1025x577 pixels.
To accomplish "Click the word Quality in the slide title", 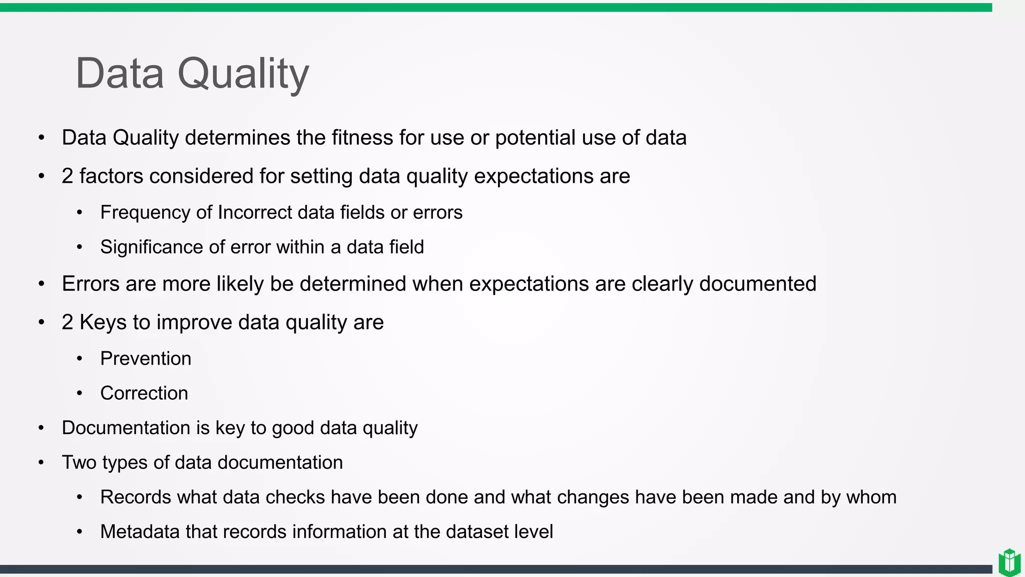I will tap(243, 74).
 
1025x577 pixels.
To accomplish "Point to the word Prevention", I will tap(146, 359).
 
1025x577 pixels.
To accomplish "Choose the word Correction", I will tap(144, 393).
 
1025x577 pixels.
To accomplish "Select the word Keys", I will tap(103, 322).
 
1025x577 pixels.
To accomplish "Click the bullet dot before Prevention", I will tap(80, 359).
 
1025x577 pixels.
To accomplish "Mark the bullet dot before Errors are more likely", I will tap(42, 284).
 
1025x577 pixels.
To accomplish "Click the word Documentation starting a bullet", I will tap(126, 428).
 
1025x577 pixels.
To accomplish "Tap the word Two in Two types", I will tap(79, 462).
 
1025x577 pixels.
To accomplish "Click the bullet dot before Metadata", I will tap(80, 532).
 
